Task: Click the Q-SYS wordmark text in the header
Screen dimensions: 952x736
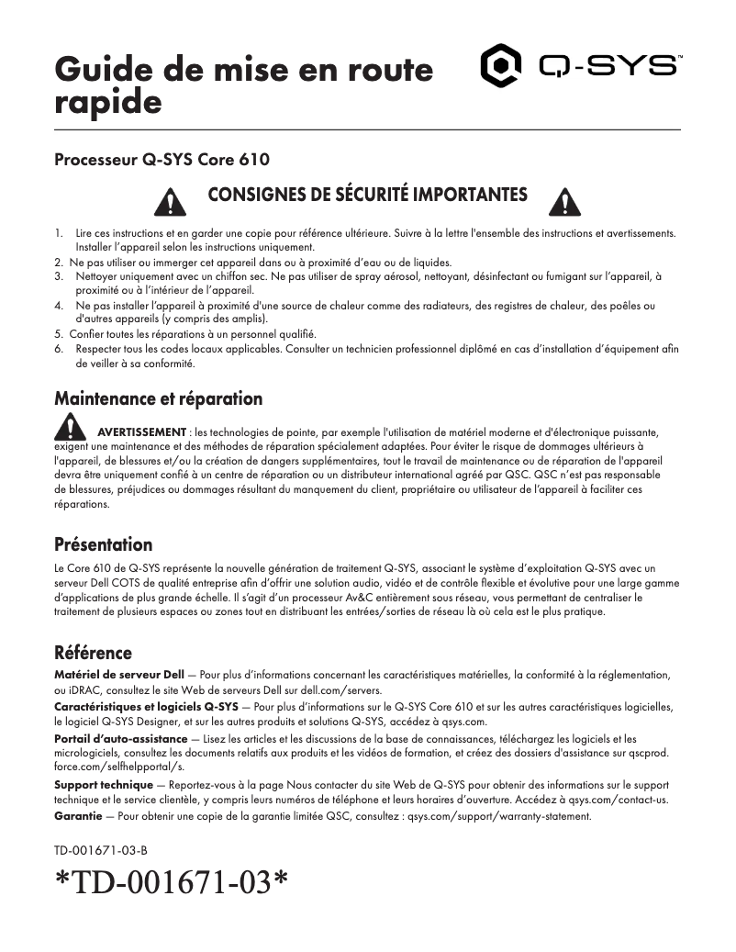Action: (x=609, y=67)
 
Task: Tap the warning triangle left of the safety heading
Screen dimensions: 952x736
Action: (x=168, y=201)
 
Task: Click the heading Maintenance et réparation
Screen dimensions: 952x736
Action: (x=158, y=398)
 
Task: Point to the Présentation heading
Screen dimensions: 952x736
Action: (x=103, y=544)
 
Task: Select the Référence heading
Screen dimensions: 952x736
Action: (x=93, y=653)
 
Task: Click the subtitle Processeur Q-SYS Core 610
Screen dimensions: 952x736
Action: (x=162, y=160)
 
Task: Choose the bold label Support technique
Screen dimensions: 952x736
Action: (x=104, y=785)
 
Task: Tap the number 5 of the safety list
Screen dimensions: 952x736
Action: (x=59, y=333)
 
